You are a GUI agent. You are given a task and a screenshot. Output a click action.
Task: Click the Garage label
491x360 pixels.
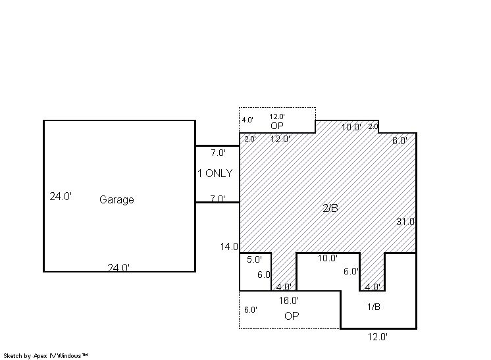tap(116, 199)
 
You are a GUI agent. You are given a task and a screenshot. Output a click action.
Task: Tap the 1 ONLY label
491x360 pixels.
tap(215, 173)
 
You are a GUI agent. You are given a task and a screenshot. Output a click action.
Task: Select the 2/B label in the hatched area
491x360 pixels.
tap(330, 208)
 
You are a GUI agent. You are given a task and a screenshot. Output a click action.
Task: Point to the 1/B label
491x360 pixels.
tap(374, 307)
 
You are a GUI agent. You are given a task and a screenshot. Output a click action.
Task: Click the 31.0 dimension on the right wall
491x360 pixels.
tap(405, 222)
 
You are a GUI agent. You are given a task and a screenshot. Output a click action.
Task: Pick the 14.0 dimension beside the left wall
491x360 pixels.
tap(229, 247)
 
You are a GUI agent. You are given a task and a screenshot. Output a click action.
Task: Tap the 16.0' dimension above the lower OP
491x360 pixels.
tap(289, 301)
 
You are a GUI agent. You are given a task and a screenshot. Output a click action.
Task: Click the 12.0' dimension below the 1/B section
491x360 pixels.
tap(377, 337)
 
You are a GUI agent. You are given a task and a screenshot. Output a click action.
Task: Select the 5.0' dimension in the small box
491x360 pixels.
tap(254, 259)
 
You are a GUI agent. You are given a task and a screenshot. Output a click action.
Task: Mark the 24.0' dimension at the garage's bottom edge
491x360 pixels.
tap(118, 268)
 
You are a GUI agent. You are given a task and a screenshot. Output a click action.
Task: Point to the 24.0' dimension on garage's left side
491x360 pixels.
tap(61, 196)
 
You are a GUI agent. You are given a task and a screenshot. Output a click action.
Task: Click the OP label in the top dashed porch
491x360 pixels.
tap(277, 126)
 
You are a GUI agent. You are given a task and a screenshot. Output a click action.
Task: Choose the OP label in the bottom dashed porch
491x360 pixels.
tap(292, 316)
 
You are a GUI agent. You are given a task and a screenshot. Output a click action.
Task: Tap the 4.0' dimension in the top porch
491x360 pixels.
tap(247, 120)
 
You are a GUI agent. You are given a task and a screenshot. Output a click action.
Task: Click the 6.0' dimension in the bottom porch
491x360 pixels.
tap(251, 309)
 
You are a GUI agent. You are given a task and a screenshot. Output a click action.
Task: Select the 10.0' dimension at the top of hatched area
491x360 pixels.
tap(351, 127)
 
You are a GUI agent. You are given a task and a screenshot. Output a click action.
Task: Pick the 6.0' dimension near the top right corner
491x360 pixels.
tap(400, 141)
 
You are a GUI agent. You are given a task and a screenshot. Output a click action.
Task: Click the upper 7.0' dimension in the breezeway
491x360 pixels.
tap(218, 153)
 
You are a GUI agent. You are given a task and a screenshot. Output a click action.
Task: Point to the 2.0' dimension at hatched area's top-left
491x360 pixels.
tap(250, 139)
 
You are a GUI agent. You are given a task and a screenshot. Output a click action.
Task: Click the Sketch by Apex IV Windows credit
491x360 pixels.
tap(45, 355)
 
